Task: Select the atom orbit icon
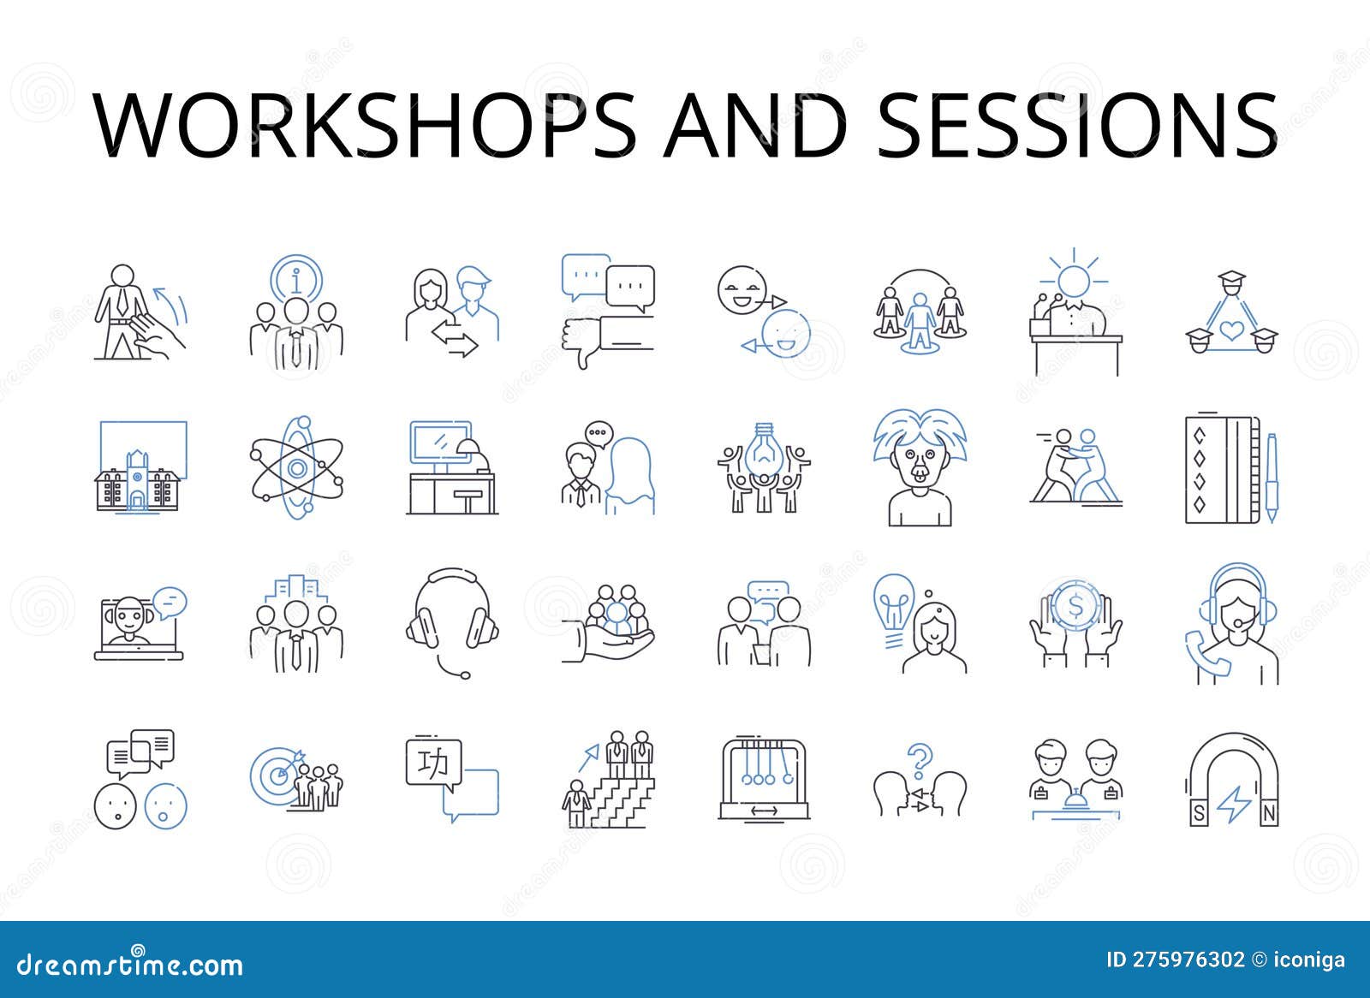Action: (296, 467)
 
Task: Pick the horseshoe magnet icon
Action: (1234, 778)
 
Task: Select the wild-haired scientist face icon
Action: (920, 468)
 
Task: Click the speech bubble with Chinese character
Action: (434, 764)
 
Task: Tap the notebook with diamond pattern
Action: (1221, 469)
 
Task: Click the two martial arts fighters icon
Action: (1075, 467)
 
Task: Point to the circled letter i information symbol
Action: (296, 279)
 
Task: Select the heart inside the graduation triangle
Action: (1231, 328)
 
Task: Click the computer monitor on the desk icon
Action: (441, 443)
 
